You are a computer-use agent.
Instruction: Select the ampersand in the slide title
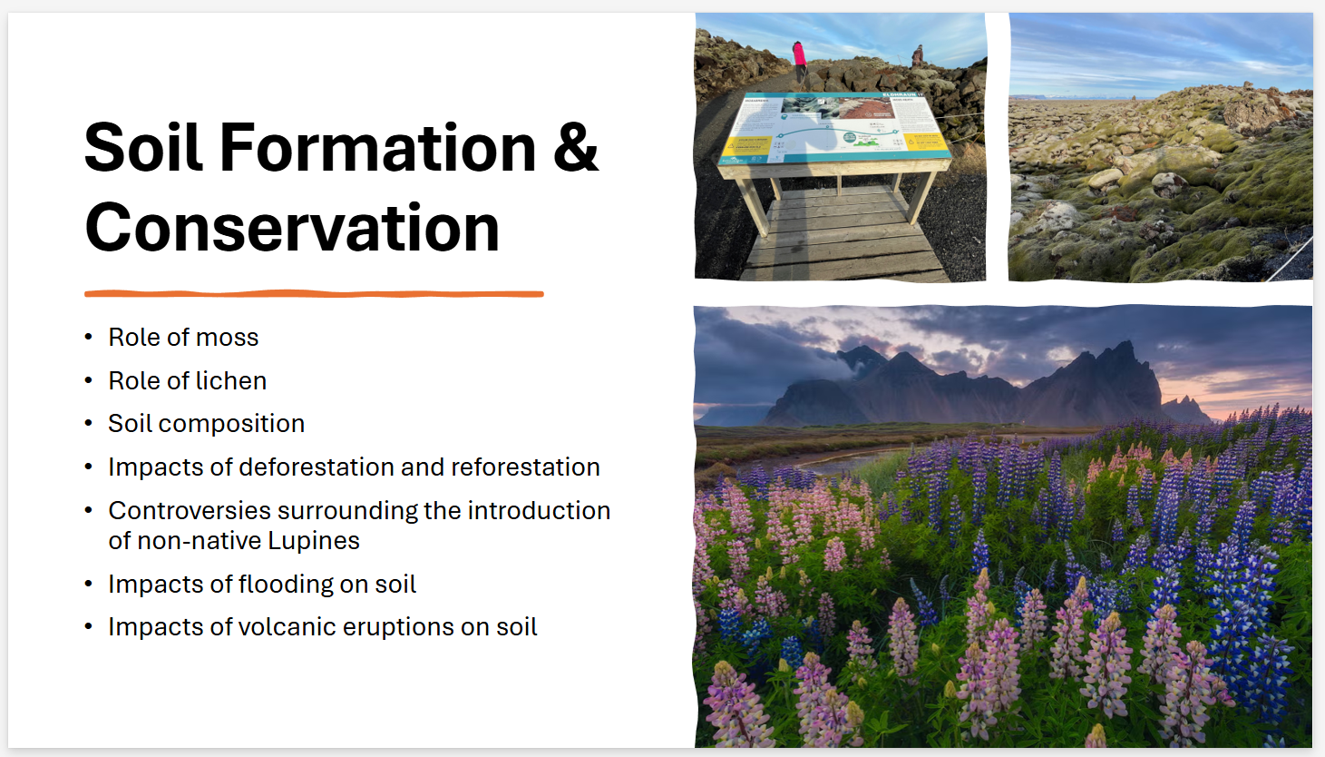575,148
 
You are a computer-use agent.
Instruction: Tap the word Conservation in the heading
292,228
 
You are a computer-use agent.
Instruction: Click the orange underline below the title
314,293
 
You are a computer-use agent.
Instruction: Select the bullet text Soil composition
206,424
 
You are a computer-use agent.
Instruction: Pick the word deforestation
316,467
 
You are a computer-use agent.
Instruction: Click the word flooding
285,585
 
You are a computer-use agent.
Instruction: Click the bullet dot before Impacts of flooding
88,584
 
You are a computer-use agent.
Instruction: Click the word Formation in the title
377,148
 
